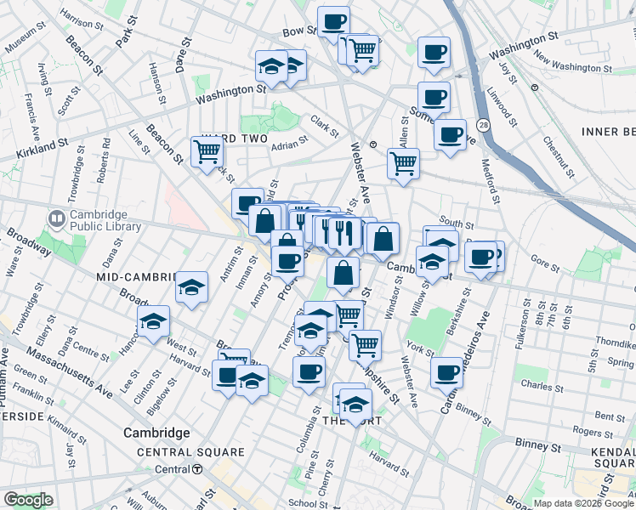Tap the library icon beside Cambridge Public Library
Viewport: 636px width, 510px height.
click(57, 219)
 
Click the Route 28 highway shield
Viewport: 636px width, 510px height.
click(482, 124)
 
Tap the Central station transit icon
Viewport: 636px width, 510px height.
click(197, 469)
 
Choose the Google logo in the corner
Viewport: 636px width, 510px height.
click(28, 500)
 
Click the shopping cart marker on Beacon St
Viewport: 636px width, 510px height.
click(207, 152)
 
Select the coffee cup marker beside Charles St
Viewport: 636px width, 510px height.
click(446, 371)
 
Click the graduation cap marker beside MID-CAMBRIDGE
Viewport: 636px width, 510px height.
click(192, 286)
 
